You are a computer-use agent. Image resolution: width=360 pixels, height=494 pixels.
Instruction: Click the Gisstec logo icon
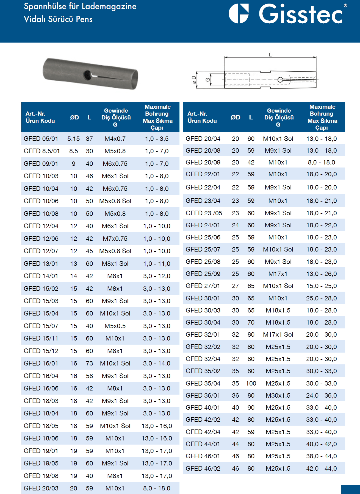239,13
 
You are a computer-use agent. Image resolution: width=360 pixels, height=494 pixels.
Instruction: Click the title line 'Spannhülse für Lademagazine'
80,6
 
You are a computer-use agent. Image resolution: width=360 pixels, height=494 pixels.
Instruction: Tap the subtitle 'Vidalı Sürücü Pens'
58,19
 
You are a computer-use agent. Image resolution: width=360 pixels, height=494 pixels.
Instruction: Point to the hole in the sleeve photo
88,75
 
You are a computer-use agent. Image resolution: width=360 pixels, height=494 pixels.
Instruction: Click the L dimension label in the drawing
270,55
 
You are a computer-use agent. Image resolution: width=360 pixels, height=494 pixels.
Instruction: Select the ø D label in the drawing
194,80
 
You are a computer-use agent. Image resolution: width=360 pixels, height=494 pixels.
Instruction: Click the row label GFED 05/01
41,139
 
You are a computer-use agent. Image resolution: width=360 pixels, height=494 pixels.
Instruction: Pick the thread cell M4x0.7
115,139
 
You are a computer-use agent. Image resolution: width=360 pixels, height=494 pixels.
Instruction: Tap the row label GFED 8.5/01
42,151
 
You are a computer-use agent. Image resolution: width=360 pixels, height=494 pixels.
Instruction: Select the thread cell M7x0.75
115,239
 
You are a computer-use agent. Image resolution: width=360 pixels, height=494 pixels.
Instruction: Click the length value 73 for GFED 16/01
89,363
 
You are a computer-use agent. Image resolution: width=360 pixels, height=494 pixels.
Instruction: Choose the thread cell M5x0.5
115,326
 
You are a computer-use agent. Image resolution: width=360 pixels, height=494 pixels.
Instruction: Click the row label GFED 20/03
41,488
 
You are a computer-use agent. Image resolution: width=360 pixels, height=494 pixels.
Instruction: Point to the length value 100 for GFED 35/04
251,383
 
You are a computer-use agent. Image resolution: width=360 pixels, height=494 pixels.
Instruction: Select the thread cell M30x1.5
278,395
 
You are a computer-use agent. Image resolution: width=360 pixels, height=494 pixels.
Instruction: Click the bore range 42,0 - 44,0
321,468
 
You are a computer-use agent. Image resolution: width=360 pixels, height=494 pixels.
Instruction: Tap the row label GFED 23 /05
204,213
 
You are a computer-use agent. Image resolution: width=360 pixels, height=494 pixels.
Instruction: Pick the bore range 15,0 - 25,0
321,286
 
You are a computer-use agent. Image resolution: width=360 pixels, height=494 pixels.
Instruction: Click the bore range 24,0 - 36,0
321,395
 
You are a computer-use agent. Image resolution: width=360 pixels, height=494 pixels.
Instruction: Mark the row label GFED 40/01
203,408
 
